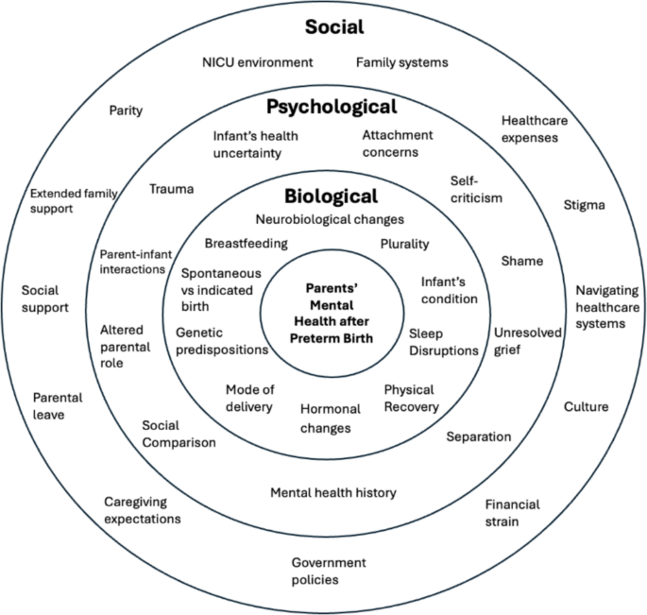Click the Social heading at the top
(x=334, y=26)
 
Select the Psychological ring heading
(x=331, y=106)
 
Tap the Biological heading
(x=331, y=196)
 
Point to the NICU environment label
(x=257, y=62)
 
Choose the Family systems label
(x=401, y=62)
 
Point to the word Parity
(x=126, y=111)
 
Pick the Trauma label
(x=172, y=189)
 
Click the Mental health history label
(x=333, y=492)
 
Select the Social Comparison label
(x=179, y=434)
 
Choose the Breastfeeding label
(x=247, y=243)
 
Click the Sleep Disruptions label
(x=443, y=341)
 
